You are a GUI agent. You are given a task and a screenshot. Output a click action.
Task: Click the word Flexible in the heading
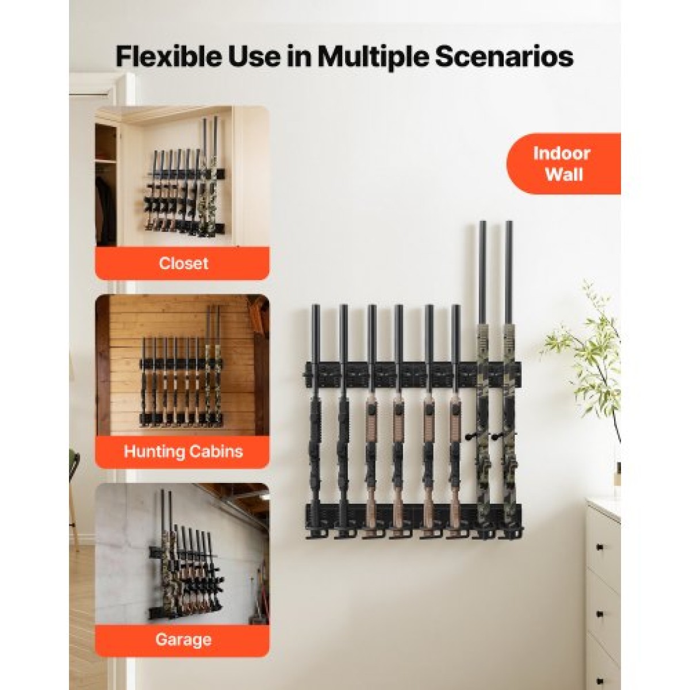coord(169,56)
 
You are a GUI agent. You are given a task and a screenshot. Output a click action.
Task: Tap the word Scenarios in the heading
coord(504,56)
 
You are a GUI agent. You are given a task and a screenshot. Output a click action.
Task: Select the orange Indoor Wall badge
coord(563,164)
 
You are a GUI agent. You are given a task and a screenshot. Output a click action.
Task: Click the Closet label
coord(183,263)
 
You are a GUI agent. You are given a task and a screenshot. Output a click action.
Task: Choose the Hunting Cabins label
coord(183,451)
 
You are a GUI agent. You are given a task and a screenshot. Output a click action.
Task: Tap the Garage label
coord(183,639)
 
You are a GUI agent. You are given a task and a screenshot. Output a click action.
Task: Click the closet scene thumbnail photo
coord(182,176)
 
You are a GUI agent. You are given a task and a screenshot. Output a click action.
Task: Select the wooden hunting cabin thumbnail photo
coord(182,365)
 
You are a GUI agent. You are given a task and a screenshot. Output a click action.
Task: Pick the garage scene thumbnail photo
coord(182,554)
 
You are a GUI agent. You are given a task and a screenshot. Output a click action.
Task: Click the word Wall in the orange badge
coord(564,175)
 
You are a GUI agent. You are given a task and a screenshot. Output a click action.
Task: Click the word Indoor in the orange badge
coord(561,154)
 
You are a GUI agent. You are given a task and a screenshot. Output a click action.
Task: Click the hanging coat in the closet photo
coord(106,209)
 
